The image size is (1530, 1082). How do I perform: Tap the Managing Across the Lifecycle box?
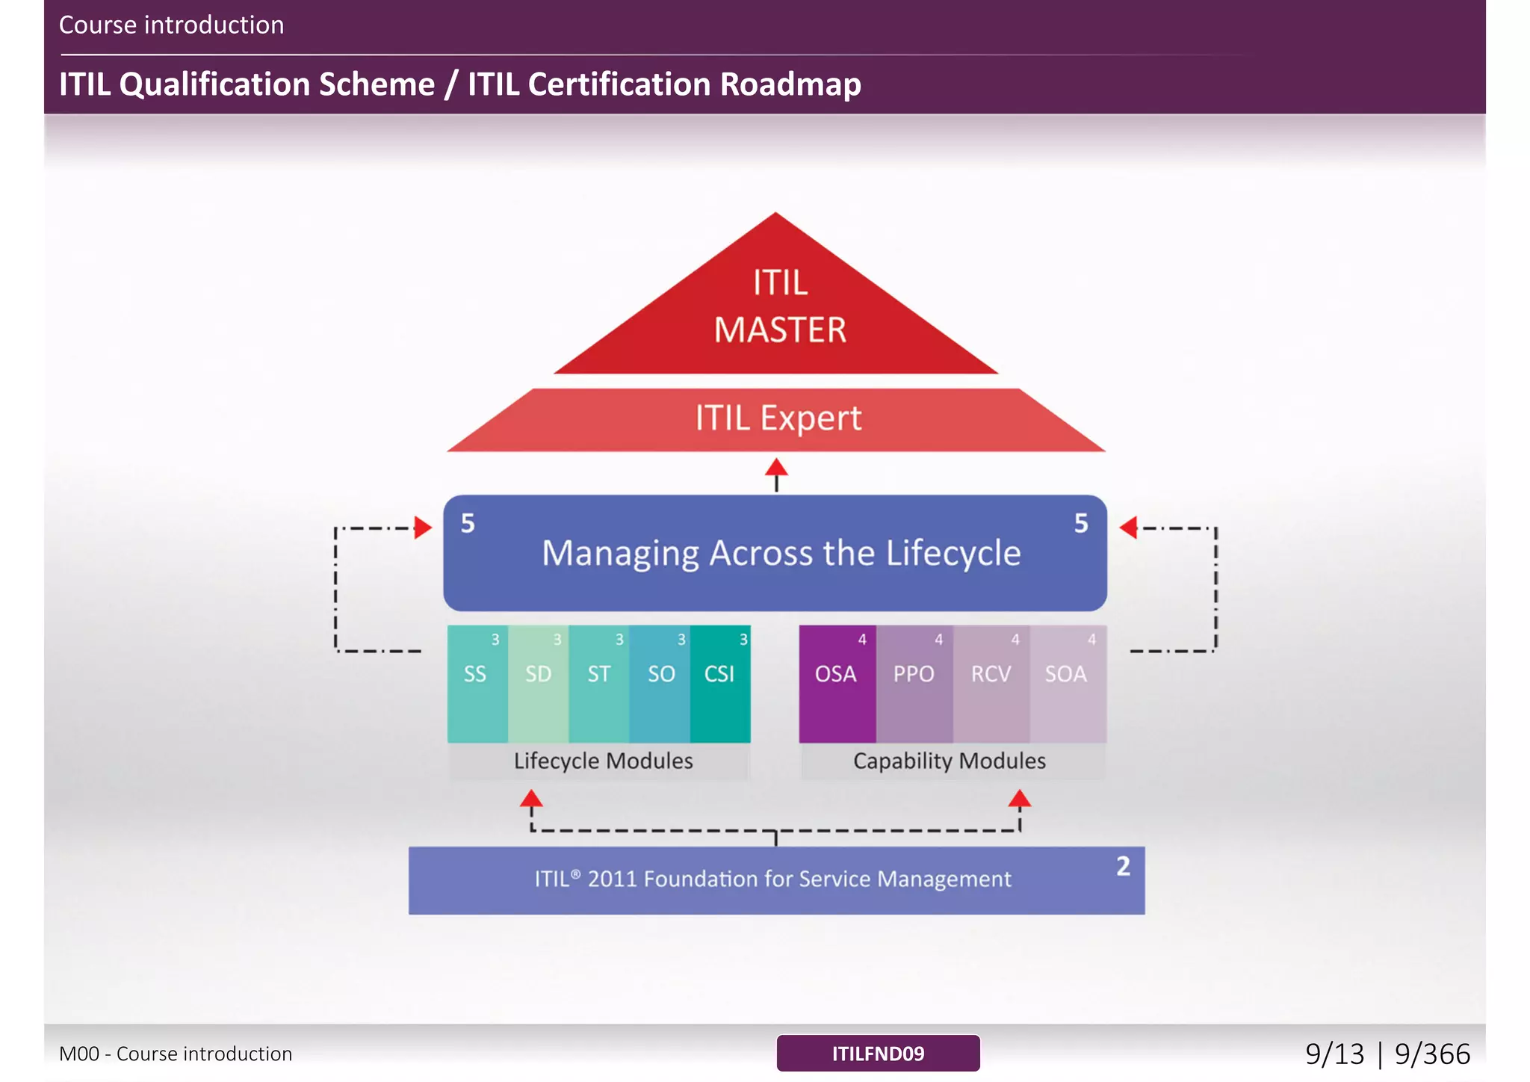point(775,553)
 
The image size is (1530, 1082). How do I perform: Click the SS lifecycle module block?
point(477,684)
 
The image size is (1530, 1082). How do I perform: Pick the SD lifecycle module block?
point(538,684)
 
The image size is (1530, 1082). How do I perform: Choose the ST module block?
point(598,684)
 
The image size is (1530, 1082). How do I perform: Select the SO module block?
point(660,684)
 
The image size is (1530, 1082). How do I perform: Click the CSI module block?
point(720,684)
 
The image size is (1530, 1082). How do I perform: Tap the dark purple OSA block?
point(837,684)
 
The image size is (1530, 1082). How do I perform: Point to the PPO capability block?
point(914,684)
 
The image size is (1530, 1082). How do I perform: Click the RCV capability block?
point(991,684)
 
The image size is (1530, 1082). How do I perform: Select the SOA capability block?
point(1067,684)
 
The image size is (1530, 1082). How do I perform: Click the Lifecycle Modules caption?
point(603,761)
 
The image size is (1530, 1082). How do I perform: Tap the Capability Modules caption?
point(950,761)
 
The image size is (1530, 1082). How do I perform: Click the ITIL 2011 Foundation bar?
point(775,879)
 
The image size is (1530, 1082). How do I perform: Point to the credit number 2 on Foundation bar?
point(1123,867)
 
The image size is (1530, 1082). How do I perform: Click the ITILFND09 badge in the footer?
point(878,1054)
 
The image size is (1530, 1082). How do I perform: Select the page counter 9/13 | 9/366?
point(1387,1054)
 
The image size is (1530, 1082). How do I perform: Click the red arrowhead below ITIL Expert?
point(776,469)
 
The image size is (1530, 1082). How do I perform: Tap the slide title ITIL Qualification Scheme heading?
point(459,84)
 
